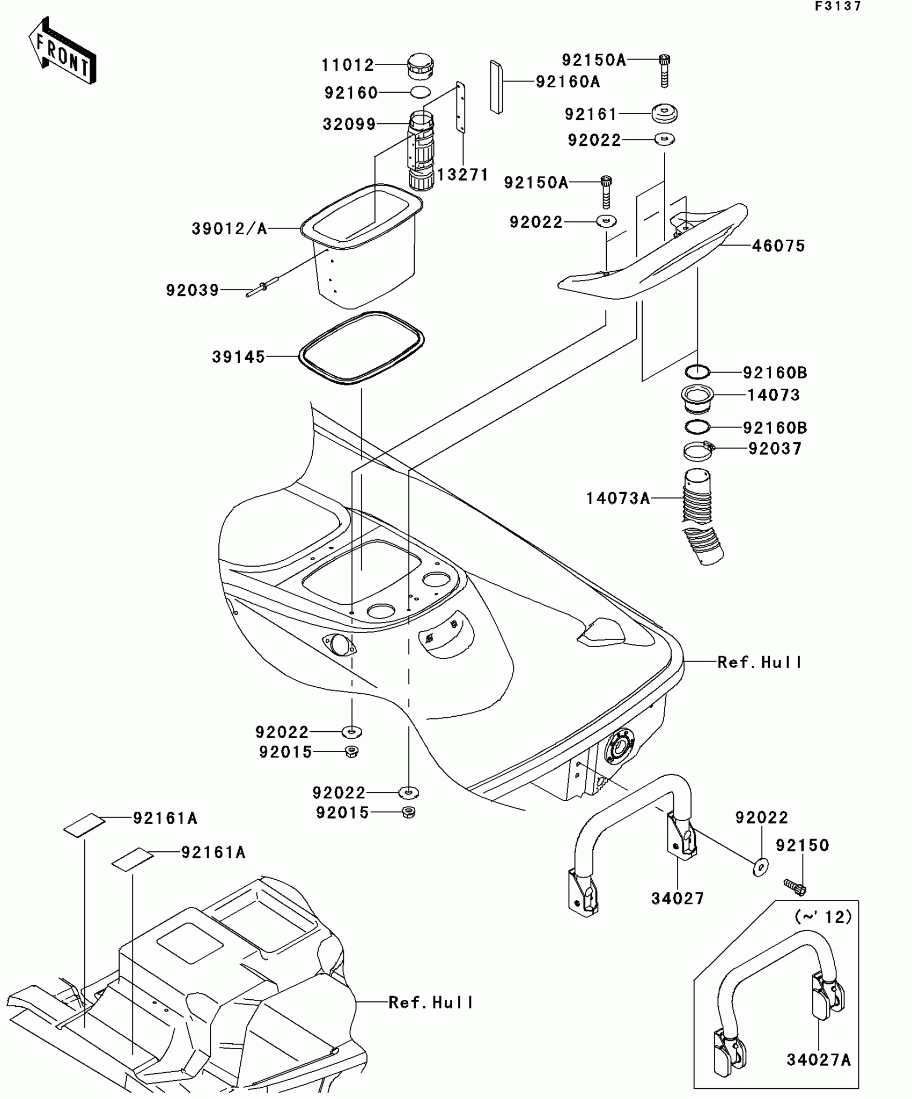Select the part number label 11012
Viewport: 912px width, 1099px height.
(x=347, y=65)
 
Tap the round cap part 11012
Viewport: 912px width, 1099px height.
(x=421, y=66)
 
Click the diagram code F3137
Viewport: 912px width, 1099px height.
(x=838, y=6)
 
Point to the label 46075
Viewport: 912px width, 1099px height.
(x=778, y=246)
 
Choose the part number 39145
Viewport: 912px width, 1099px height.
(x=239, y=357)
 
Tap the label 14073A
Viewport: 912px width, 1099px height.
(x=618, y=499)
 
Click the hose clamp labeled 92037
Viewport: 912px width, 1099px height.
(x=699, y=450)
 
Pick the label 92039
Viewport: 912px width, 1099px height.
(x=193, y=291)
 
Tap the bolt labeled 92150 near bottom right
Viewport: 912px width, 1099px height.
(x=795, y=887)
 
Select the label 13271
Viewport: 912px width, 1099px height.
(x=462, y=175)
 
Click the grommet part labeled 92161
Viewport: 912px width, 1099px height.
(x=664, y=114)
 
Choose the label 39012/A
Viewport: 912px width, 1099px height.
(x=230, y=229)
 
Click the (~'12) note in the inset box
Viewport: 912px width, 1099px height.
(x=823, y=917)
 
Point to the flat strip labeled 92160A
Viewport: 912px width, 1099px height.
(x=496, y=87)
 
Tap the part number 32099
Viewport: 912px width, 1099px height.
(x=349, y=124)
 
